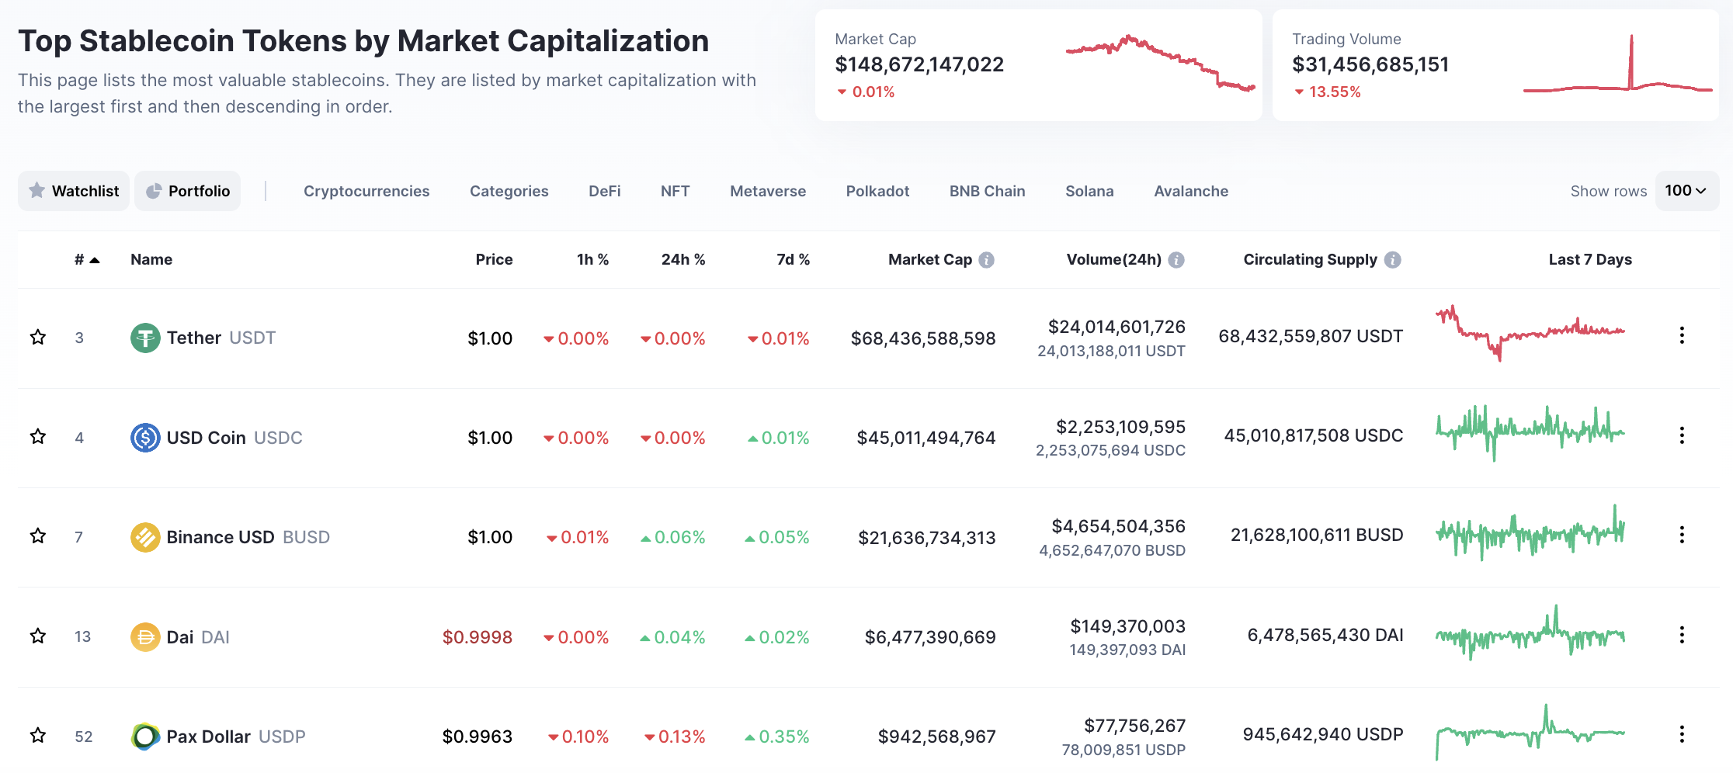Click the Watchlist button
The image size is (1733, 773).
[x=74, y=191]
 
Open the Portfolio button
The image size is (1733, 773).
[x=188, y=191]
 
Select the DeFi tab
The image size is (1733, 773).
[x=605, y=191]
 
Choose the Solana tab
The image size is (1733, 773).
[x=1089, y=191]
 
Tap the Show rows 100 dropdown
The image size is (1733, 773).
[x=1687, y=191]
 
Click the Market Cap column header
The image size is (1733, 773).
[x=930, y=259]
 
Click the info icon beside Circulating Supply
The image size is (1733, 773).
[x=1393, y=260]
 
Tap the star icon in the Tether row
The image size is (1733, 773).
[x=38, y=337]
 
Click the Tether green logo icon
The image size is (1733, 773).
[x=145, y=338]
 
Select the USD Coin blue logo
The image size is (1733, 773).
[x=145, y=438]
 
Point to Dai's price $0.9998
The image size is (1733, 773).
[x=478, y=637]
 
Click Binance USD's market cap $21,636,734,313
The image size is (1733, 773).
[x=927, y=538]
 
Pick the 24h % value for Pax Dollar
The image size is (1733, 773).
[x=675, y=737]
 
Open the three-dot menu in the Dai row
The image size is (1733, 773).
[x=1682, y=635]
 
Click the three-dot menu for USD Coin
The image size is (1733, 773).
[x=1682, y=435]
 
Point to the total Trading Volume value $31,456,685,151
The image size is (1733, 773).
[x=1370, y=64]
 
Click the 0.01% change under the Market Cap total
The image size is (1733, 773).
[x=866, y=92]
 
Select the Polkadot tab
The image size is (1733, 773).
[x=877, y=191]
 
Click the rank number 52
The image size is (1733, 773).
[x=83, y=737]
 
